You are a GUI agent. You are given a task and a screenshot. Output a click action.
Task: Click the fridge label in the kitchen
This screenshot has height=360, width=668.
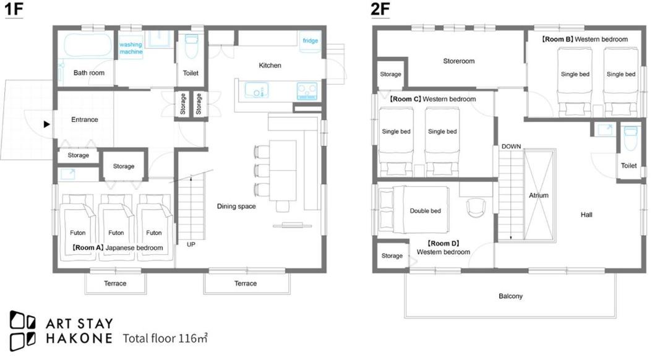[x=310, y=41]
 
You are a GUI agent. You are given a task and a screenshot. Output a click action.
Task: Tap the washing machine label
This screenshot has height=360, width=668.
[x=131, y=48]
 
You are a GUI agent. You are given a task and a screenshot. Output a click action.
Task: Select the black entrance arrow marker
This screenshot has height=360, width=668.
[x=46, y=124]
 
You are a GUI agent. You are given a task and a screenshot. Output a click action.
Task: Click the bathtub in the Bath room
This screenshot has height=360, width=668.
[x=88, y=45]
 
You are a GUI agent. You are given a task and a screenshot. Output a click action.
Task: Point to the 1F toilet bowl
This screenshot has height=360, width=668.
[x=191, y=46]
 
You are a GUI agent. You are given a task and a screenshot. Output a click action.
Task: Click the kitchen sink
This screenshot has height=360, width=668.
[x=257, y=91]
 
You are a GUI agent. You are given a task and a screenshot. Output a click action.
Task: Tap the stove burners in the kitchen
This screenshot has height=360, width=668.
[x=307, y=91]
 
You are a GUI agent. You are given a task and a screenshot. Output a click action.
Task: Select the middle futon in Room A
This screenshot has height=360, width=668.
[x=116, y=228]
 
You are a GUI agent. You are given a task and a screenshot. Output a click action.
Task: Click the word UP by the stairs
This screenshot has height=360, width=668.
[x=191, y=244]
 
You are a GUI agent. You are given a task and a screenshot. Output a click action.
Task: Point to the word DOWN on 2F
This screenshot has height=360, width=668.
[x=511, y=146]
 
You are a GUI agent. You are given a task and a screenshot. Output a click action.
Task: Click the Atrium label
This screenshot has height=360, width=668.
[x=539, y=195]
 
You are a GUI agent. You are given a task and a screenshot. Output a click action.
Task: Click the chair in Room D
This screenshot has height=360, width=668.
[x=476, y=208]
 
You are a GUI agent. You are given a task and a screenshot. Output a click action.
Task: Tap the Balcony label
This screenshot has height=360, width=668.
[x=510, y=296]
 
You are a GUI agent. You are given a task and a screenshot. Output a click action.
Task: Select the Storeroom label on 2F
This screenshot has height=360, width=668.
[x=458, y=61]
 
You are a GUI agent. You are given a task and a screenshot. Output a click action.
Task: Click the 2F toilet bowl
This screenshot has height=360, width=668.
[x=630, y=137]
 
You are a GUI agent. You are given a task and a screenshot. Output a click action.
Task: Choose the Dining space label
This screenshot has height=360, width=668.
[x=236, y=206]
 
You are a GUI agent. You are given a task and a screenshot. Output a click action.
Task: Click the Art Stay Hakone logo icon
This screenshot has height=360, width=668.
[x=23, y=330]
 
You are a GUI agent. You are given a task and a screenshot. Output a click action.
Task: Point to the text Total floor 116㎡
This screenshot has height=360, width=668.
[x=165, y=338]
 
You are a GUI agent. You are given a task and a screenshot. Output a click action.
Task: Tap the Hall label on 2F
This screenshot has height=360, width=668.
[x=586, y=215]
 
